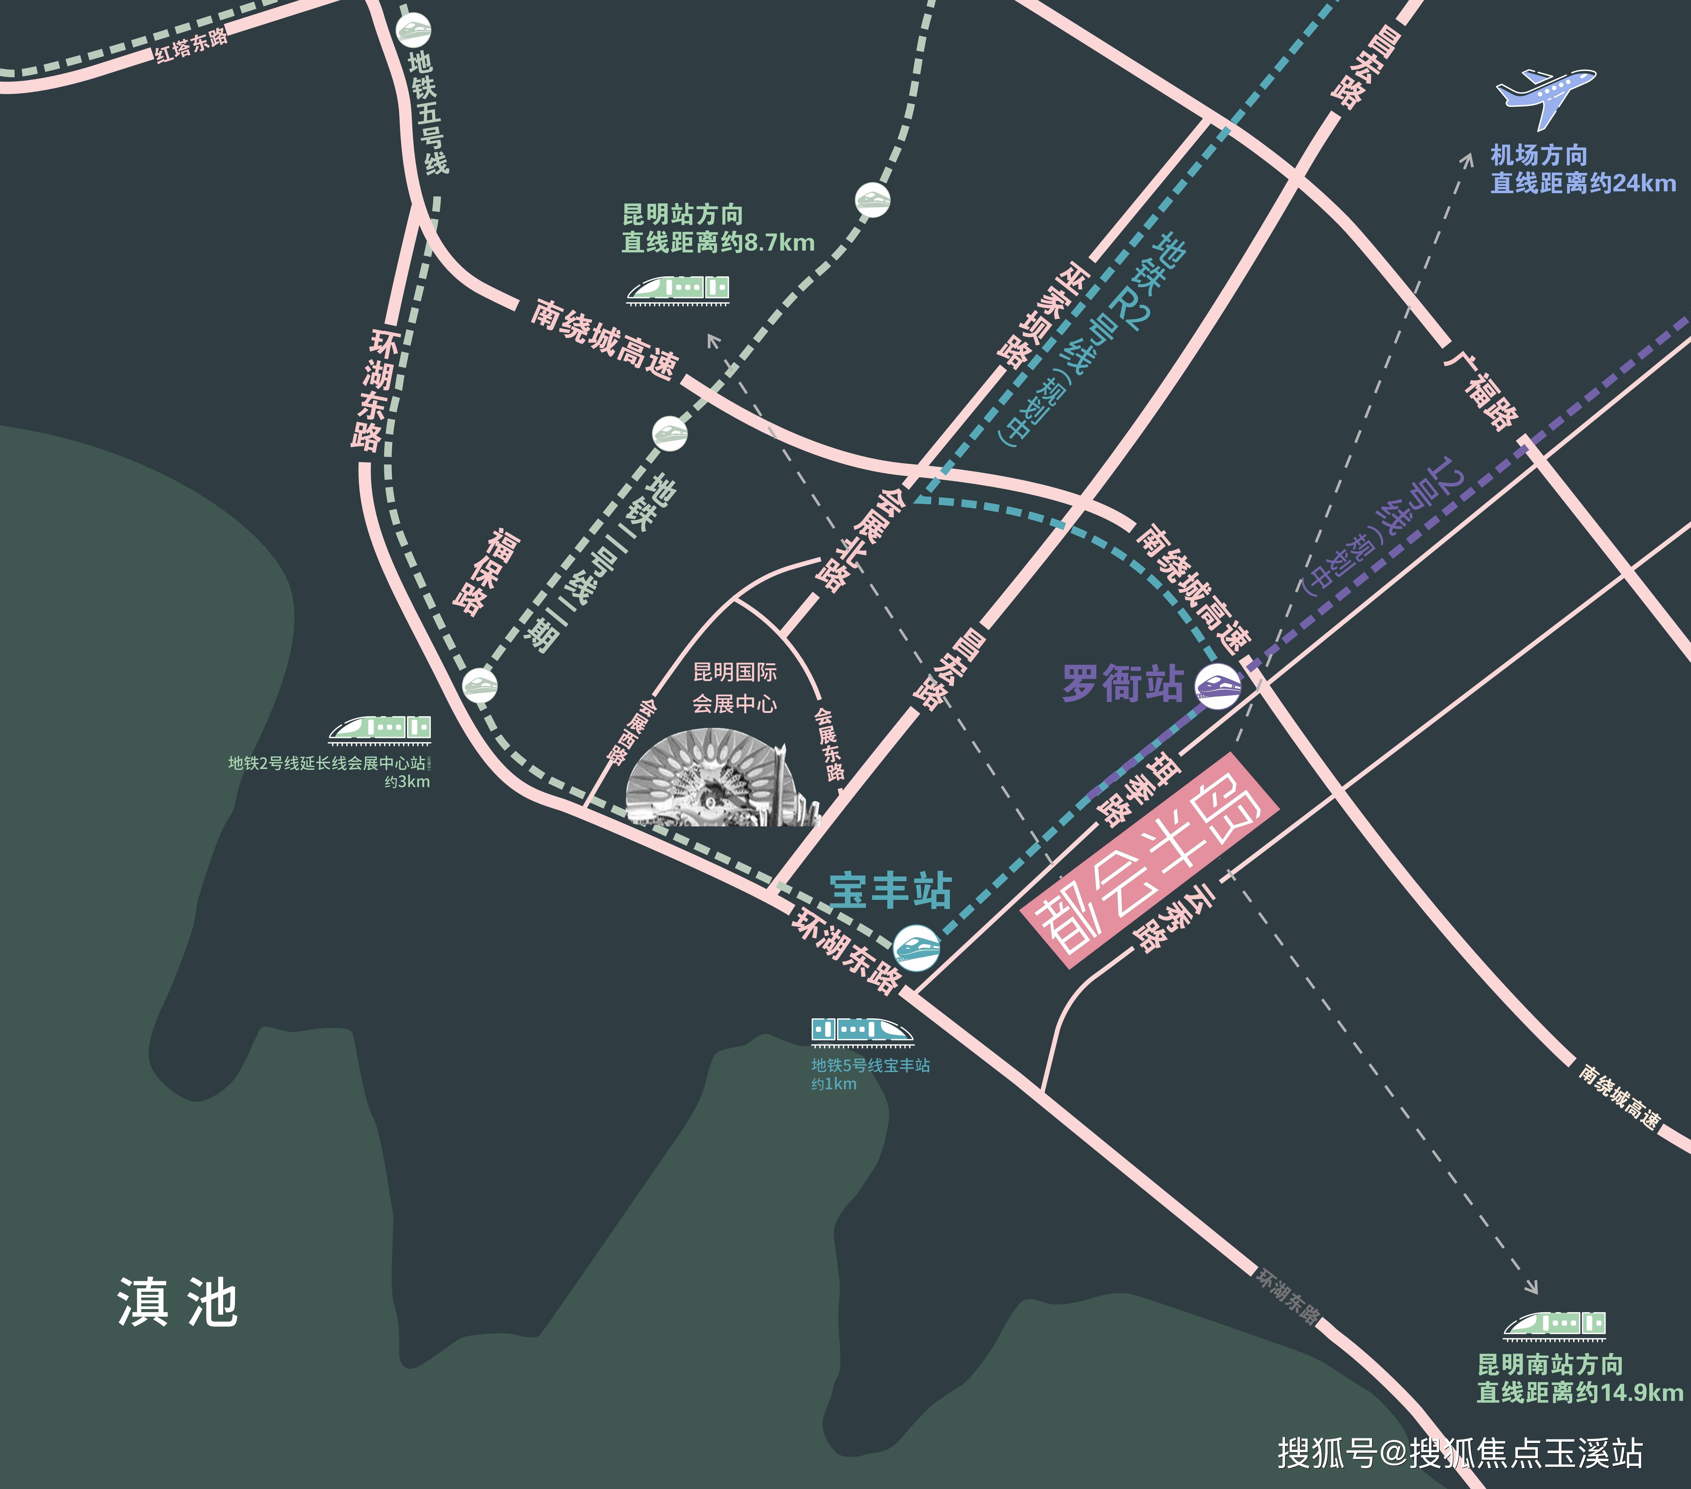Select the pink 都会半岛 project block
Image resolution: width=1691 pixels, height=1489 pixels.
(x=1150, y=860)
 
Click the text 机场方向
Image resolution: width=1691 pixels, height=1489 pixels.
(x=1539, y=155)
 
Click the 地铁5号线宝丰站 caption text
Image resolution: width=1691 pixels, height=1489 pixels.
(x=870, y=1065)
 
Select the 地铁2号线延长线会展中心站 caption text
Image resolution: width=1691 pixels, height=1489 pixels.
(x=327, y=763)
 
